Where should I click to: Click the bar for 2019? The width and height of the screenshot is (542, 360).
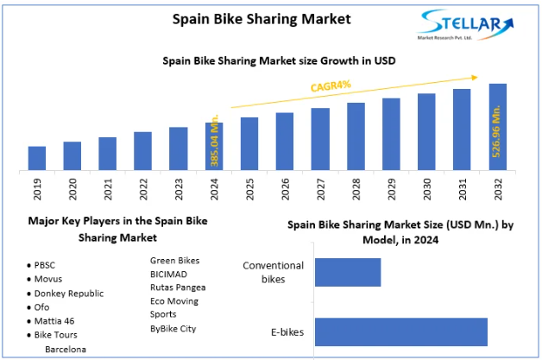(x=36, y=158)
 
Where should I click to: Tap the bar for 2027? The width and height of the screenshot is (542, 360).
(x=320, y=139)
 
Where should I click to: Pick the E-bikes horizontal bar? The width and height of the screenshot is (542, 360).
(x=400, y=332)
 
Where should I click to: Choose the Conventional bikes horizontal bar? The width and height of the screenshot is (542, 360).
(x=348, y=272)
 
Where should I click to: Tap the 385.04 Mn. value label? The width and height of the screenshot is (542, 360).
(x=215, y=141)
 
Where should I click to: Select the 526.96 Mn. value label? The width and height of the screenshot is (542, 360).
(x=498, y=129)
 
